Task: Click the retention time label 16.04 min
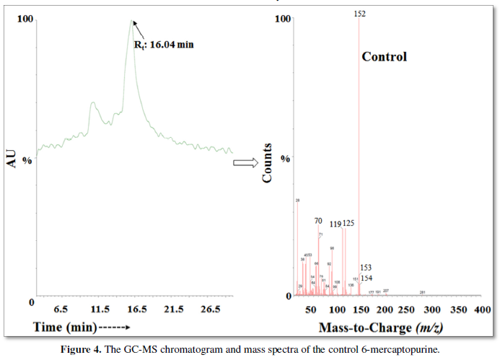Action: click(164, 44)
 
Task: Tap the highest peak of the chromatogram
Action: click(131, 21)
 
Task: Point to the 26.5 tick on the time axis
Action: click(210, 310)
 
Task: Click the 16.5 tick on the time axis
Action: click(136, 310)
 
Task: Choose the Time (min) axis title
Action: click(65, 327)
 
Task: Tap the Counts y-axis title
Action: click(267, 162)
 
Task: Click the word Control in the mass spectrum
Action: click(384, 56)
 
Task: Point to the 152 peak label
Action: click(360, 14)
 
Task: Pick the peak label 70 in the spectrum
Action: click(318, 221)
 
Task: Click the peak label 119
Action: click(335, 224)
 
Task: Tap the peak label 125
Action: click(348, 224)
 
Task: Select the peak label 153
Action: click(366, 268)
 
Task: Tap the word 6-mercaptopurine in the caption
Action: click(401, 351)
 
